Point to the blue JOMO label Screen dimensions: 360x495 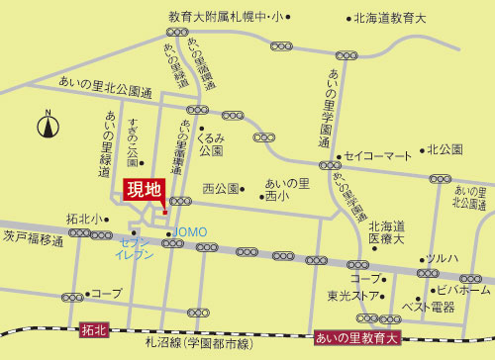[x=190, y=231]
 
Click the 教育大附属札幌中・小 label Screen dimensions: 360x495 [x=225, y=17]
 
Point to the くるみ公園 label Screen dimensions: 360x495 [x=210, y=144]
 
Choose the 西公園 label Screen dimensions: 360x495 [x=221, y=188]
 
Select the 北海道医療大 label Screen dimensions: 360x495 [x=387, y=232]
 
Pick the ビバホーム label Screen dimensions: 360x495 [x=463, y=290]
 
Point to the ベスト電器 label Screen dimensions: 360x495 [x=428, y=308]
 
